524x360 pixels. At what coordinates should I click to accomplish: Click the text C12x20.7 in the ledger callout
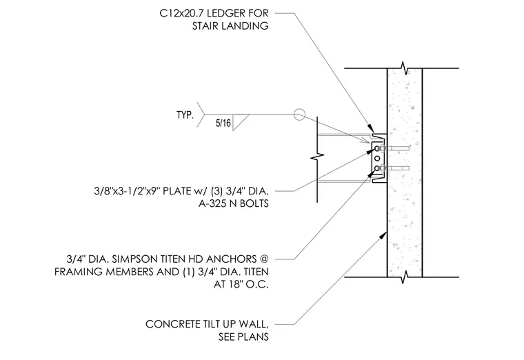(181, 13)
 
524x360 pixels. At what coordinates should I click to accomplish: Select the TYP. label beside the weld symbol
(185, 115)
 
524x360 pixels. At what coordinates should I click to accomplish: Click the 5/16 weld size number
(223, 123)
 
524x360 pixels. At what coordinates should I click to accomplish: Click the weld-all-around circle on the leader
(299, 114)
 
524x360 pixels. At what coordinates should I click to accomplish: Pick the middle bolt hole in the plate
(377, 158)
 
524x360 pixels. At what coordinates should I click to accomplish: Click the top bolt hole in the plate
(377, 148)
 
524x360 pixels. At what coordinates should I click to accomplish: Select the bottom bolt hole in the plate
(377, 168)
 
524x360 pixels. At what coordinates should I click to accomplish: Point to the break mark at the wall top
(405, 68)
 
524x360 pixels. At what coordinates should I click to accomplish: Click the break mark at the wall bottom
(405, 277)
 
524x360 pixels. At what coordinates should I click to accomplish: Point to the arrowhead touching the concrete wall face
(383, 235)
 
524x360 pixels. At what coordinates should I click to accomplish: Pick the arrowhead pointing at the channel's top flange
(371, 128)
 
